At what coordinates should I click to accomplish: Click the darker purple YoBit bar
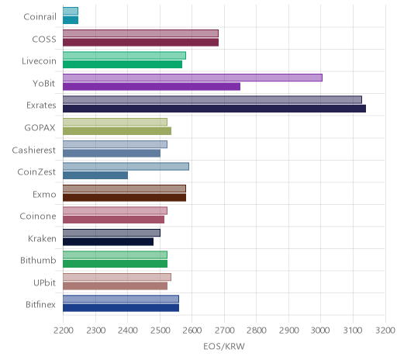[151, 87]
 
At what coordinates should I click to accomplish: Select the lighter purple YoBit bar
[192, 78]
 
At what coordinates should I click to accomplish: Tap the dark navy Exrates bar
[214, 109]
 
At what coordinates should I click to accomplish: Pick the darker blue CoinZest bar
[95, 175]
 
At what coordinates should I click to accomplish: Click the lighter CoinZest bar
[126, 167]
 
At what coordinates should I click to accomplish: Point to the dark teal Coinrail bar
[71, 20]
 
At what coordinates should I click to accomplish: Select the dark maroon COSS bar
[140, 43]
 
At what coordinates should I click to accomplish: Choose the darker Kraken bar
[108, 242]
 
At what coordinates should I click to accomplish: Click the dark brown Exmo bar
[124, 198]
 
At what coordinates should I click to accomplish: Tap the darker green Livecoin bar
[123, 64]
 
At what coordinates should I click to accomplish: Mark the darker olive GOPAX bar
[117, 131]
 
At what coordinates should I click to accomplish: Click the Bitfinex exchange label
[40, 305]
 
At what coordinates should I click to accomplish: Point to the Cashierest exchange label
[33, 150]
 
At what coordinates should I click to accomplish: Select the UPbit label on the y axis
[44, 282]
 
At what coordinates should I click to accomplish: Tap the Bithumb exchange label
[38, 260]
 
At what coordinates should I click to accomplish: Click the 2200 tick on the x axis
[63, 331]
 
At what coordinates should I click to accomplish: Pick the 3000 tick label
[320, 331]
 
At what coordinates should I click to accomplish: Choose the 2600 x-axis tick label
[192, 331]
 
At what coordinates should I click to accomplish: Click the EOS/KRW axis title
[224, 347]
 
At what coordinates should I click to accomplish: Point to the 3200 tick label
[385, 331]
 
